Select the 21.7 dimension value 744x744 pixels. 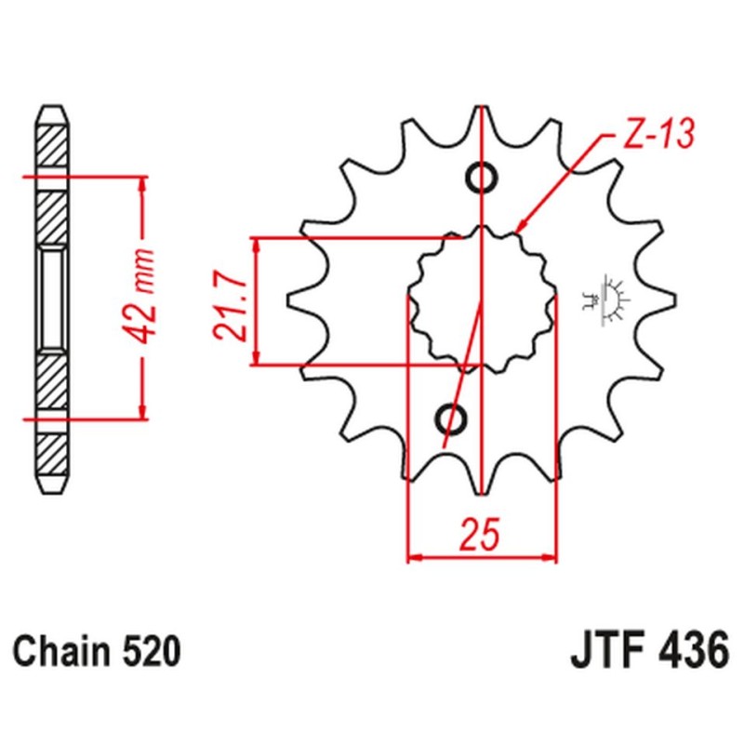230,299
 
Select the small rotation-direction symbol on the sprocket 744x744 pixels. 611,299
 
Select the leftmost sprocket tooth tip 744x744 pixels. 290,300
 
